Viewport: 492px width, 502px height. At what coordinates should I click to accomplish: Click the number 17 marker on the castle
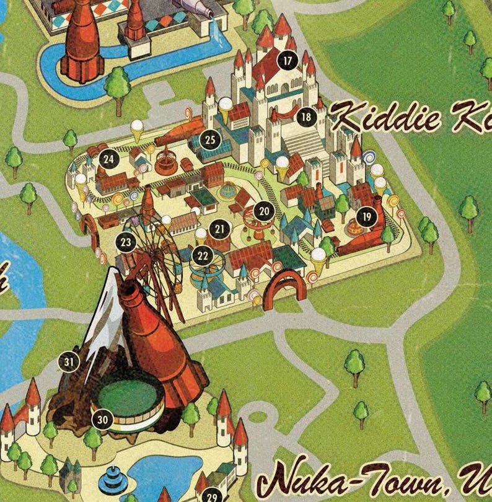point(287,61)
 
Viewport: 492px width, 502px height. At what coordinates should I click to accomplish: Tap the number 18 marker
point(305,117)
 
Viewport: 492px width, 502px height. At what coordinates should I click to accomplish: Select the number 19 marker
point(367,217)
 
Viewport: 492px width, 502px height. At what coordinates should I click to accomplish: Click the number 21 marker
point(219,229)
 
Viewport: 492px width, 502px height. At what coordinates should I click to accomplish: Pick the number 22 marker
point(203,255)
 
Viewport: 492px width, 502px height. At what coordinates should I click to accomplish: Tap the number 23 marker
point(126,242)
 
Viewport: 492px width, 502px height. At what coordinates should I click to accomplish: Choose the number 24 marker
point(109,159)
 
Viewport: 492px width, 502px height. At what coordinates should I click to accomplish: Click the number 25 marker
point(211,139)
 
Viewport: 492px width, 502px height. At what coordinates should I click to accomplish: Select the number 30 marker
point(103,420)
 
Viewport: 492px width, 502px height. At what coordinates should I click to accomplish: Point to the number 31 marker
point(69,362)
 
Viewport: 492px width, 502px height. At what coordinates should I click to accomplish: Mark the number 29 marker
point(212,496)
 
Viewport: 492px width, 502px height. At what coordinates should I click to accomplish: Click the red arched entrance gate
point(285,289)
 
